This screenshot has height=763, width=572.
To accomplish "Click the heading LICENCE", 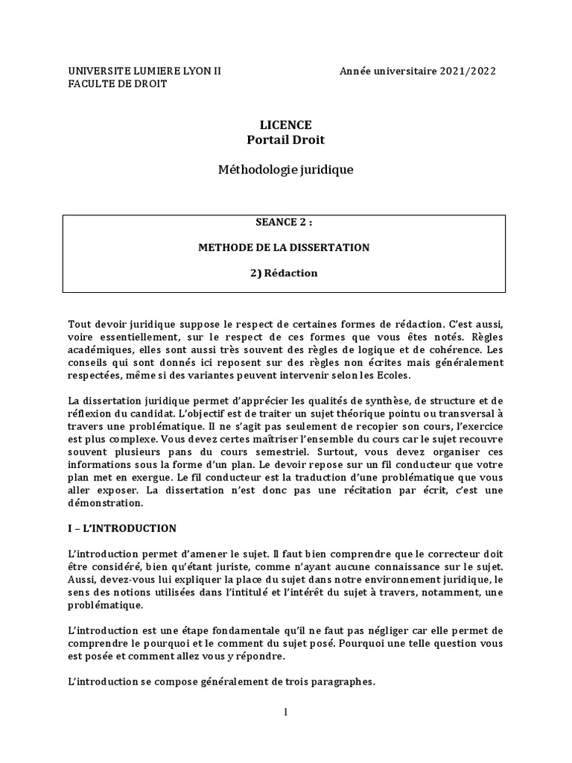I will [286, 124].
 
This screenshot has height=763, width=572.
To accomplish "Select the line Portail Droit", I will [286, 139].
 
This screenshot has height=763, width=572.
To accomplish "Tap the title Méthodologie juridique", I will [286, 170].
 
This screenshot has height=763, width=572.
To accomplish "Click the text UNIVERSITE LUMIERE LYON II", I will [144, 71].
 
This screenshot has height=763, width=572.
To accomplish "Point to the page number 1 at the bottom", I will [285, 712].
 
